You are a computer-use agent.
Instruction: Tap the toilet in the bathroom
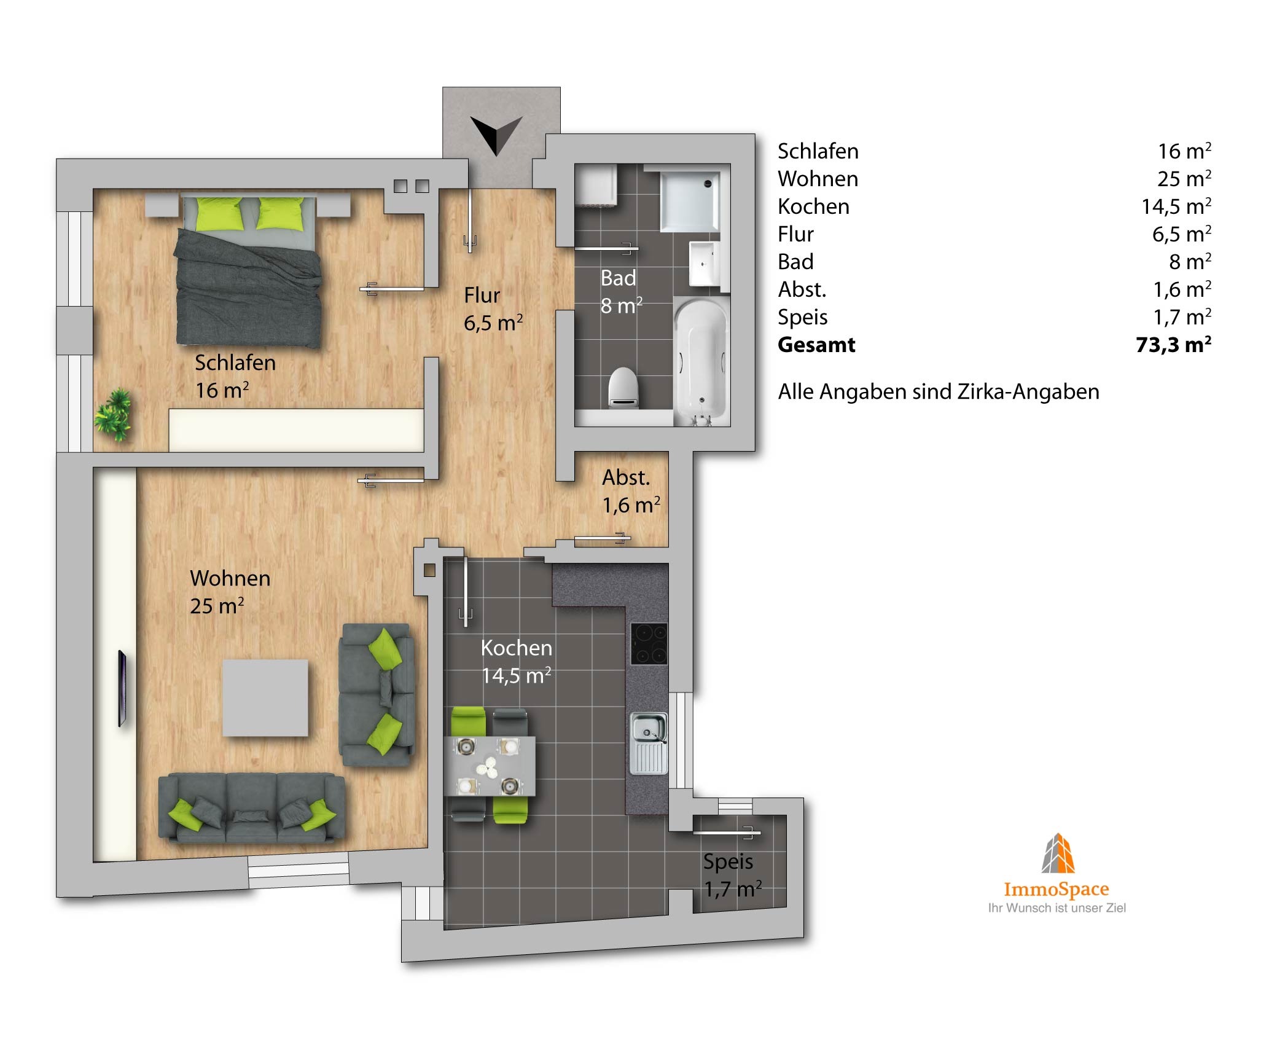[x=623, y=388]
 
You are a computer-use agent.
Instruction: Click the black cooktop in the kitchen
[x=649, y=643]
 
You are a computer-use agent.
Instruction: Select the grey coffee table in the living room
[x=265, y=697]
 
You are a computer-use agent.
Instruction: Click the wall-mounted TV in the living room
[x=123, y=688]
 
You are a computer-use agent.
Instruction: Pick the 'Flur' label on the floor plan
[x=482, y=296]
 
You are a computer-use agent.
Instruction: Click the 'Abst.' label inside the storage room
[x=626, y=477]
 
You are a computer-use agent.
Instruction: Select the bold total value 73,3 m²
[x=1174, y=344]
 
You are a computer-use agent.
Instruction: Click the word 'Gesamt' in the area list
[x=816, y=345]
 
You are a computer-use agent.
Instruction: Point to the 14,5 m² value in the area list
[x=1176, y=206]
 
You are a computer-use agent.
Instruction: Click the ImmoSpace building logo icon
[x=1058, y=853]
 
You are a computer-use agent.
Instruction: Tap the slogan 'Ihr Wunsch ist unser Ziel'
[x=1057, y=908]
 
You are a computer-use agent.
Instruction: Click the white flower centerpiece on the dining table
[x=488, y=767]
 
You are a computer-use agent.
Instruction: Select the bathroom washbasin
[x=705, y=264]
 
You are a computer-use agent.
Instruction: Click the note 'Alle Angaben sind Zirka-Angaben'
[x=939, y=392]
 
